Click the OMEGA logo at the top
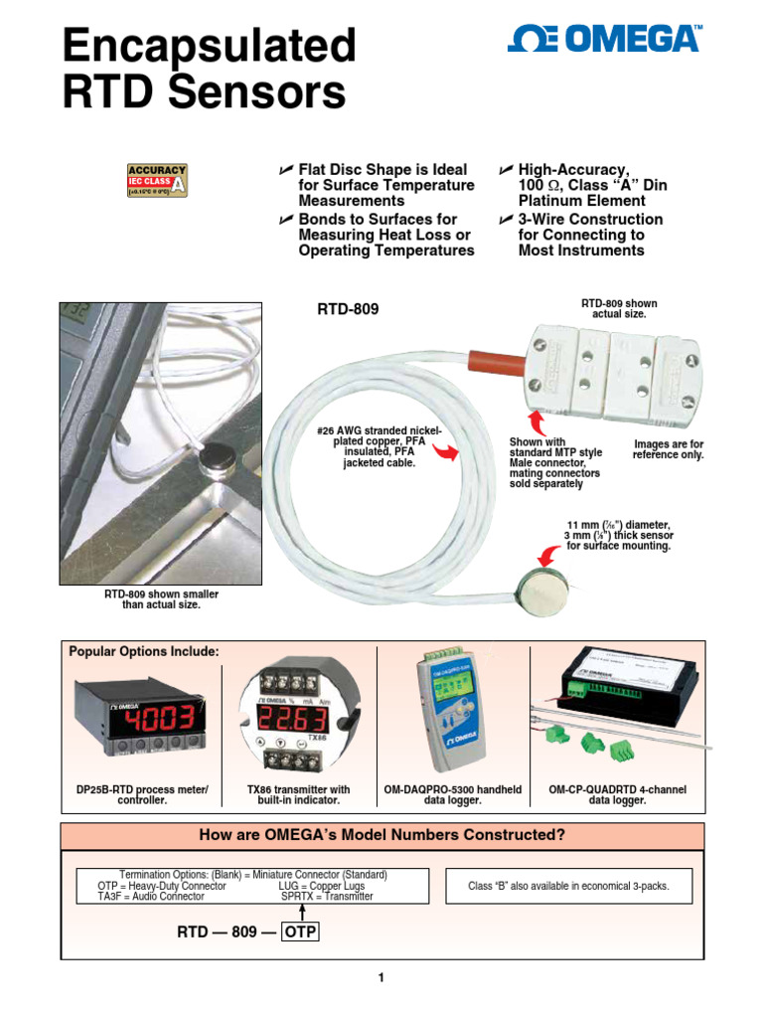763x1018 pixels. [604, 40]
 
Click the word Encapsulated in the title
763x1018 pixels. [209, 47]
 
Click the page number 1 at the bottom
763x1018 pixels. [381, 978]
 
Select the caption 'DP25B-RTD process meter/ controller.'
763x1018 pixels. [142, 794]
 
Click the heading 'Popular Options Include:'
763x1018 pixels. [143, 651]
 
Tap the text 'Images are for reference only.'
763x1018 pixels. [668, 449]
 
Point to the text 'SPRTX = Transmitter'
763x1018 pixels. [327, 896]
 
